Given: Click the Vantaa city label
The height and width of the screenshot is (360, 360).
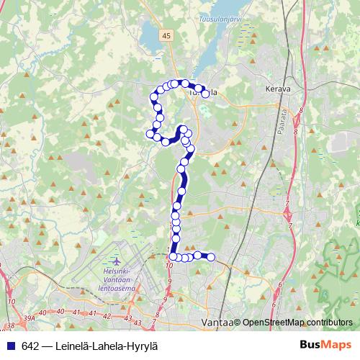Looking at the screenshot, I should pos(216,323).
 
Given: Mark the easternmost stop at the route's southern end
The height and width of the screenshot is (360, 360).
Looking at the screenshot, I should pos(211,257).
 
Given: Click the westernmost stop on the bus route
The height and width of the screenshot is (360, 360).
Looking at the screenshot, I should pos(150,133).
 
